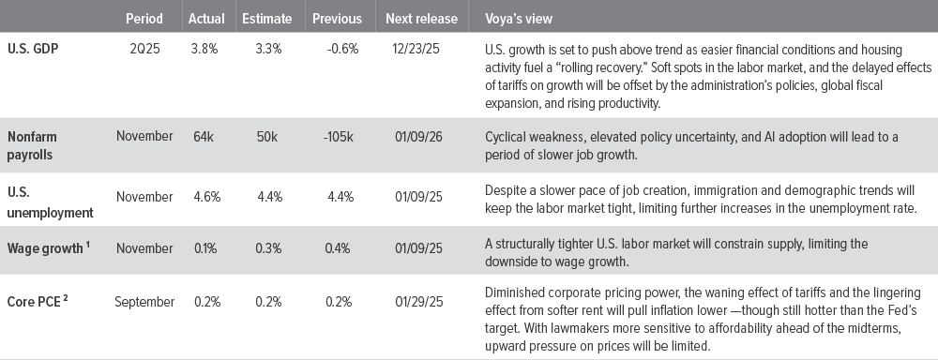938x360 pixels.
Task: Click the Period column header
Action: point(143,19)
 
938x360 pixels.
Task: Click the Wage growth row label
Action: point(47,248)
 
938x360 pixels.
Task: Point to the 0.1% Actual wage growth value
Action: point(204,248)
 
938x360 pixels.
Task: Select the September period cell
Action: point(144,302)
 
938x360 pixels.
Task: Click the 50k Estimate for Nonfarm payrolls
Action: point(265,137)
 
